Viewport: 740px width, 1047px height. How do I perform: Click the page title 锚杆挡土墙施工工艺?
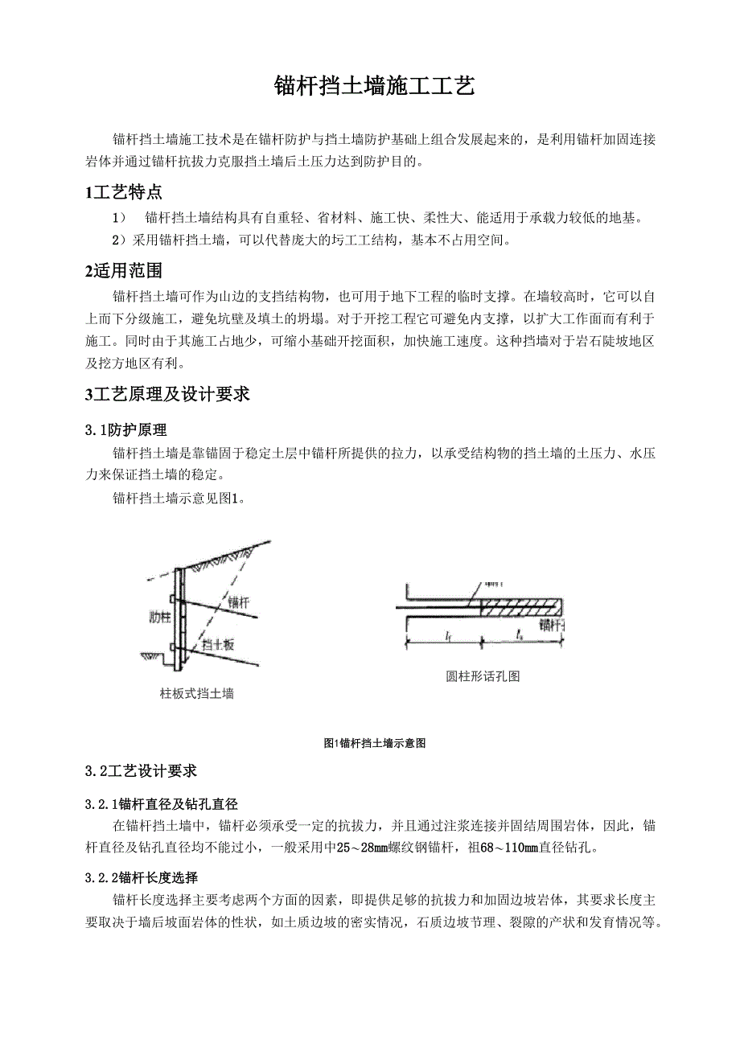[x=374, y=85]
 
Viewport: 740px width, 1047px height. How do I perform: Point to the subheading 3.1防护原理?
[x=126, y=432]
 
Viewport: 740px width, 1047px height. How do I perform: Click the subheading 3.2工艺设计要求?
[x=141, y=771]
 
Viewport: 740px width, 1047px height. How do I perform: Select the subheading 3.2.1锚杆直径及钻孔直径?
[x=162, y=804]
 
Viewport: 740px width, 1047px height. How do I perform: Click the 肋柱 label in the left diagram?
[x=159, y=618]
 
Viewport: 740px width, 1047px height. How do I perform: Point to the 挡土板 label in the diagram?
[x=217, y=644]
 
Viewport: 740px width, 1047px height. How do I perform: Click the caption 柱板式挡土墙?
[x=197, y=693]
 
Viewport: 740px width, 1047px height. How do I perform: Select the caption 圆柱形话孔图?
[x=483, y=676]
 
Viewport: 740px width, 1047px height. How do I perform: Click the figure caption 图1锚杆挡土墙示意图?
[x=373, y=743]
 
